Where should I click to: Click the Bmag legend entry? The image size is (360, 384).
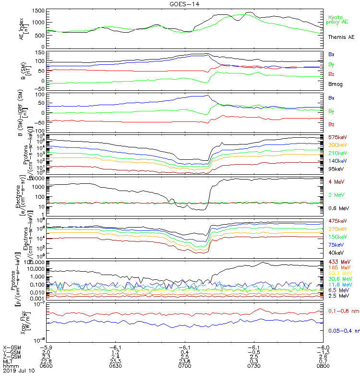335,84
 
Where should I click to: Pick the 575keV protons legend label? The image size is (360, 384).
337,137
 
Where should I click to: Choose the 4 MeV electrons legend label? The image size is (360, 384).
336,181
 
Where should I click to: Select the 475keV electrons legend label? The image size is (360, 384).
337,221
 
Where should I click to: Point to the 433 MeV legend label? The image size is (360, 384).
337,262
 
